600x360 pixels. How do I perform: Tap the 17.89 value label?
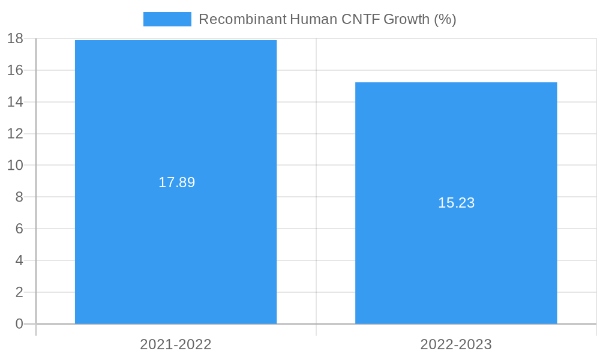[x=176, y=182]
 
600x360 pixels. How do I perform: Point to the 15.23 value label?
[x=456, y=203]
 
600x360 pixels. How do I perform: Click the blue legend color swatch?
[x=167, y=19]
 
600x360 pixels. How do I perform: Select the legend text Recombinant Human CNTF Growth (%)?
[x=327, y=19]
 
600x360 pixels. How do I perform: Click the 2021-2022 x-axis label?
[x=176, y=344]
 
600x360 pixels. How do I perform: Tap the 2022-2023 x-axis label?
[x=456, y=344]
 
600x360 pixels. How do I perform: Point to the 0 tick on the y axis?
[x=19, y=324]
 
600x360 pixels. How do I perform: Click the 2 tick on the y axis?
[x=19, y=292]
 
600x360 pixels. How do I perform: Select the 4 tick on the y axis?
[x=19, y=260]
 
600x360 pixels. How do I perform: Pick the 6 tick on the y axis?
[x=19, y=229]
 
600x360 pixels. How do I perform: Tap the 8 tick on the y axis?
[x=19, y=197]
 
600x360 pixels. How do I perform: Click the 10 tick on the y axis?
[x=16, y=165]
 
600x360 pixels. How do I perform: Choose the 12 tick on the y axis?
[x=16, y=133]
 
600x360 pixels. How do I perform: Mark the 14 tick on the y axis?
[x=16, y=102]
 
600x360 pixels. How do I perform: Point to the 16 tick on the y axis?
[x=16, y=70]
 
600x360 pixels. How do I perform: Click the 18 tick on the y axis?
[x=16, y=38]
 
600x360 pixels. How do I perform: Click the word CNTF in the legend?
[x=360, y=19]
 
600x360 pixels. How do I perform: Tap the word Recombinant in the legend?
[x=242, y=19]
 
